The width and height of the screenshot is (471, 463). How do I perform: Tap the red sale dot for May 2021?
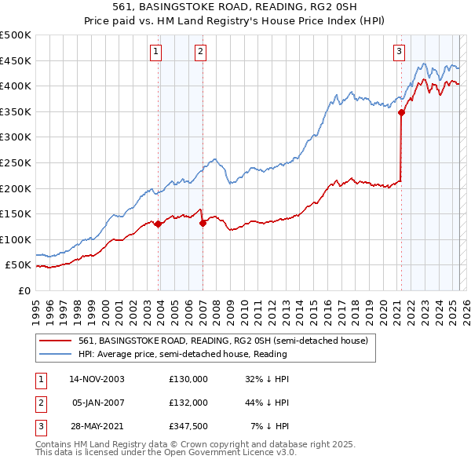coord(401,112)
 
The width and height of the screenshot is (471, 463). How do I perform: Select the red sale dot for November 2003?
coord(159,224)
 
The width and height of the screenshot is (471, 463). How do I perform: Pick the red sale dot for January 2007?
coord(203,223)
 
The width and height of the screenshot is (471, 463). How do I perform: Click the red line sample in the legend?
coord(57,341)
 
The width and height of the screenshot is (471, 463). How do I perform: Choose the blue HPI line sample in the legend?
coord(57,355)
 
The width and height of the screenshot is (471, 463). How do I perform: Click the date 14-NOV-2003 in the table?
coord(97,379)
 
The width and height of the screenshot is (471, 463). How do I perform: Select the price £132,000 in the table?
coord(188,403)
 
